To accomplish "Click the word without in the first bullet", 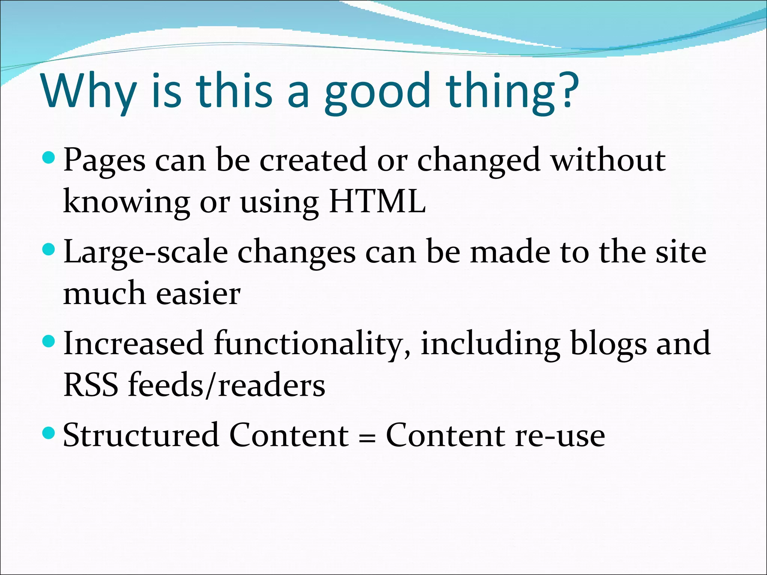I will (x=608, y=159).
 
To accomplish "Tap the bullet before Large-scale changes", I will (x=49, y=249).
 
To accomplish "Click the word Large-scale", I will (x=145, y=252).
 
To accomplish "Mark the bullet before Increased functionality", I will (x=49, y=340).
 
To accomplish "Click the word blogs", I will (x=608, y=344).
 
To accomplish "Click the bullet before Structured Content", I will (x=49, y=433).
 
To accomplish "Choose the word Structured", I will (x=141, y=435).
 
